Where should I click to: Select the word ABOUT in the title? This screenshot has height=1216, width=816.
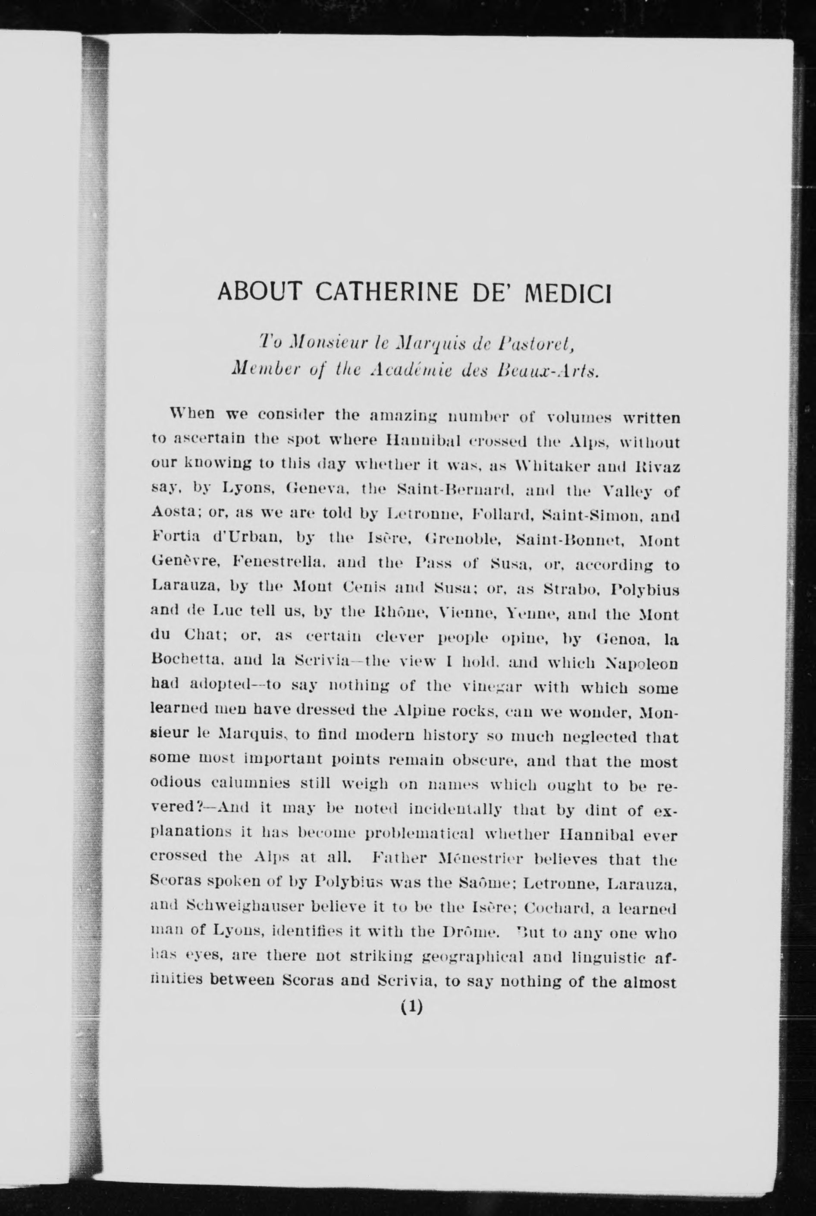(259, 293)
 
